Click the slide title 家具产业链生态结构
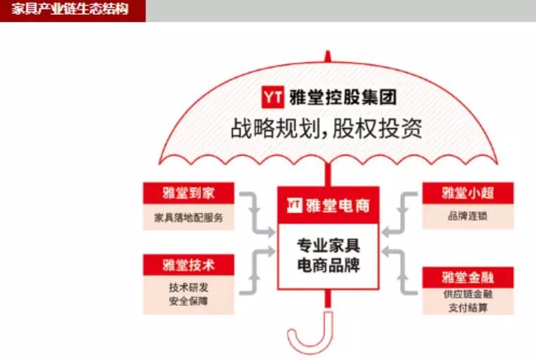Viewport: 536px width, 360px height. click(71, 10)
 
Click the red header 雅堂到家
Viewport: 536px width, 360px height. click(188, 193)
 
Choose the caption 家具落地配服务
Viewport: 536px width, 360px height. click(188, 217)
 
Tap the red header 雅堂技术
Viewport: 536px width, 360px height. click(188, 265)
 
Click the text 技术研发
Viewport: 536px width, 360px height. click(188, 287)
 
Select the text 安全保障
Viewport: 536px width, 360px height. click(188, 301)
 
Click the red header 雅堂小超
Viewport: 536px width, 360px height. click(467, 193)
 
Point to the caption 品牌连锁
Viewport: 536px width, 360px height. click(467, 217)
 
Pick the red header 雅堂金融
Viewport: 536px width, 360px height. click(467, 277)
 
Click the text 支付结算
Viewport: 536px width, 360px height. click(467, 309)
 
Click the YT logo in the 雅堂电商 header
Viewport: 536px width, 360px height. click(295, 205)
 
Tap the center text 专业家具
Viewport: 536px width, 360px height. click(328, 246)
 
